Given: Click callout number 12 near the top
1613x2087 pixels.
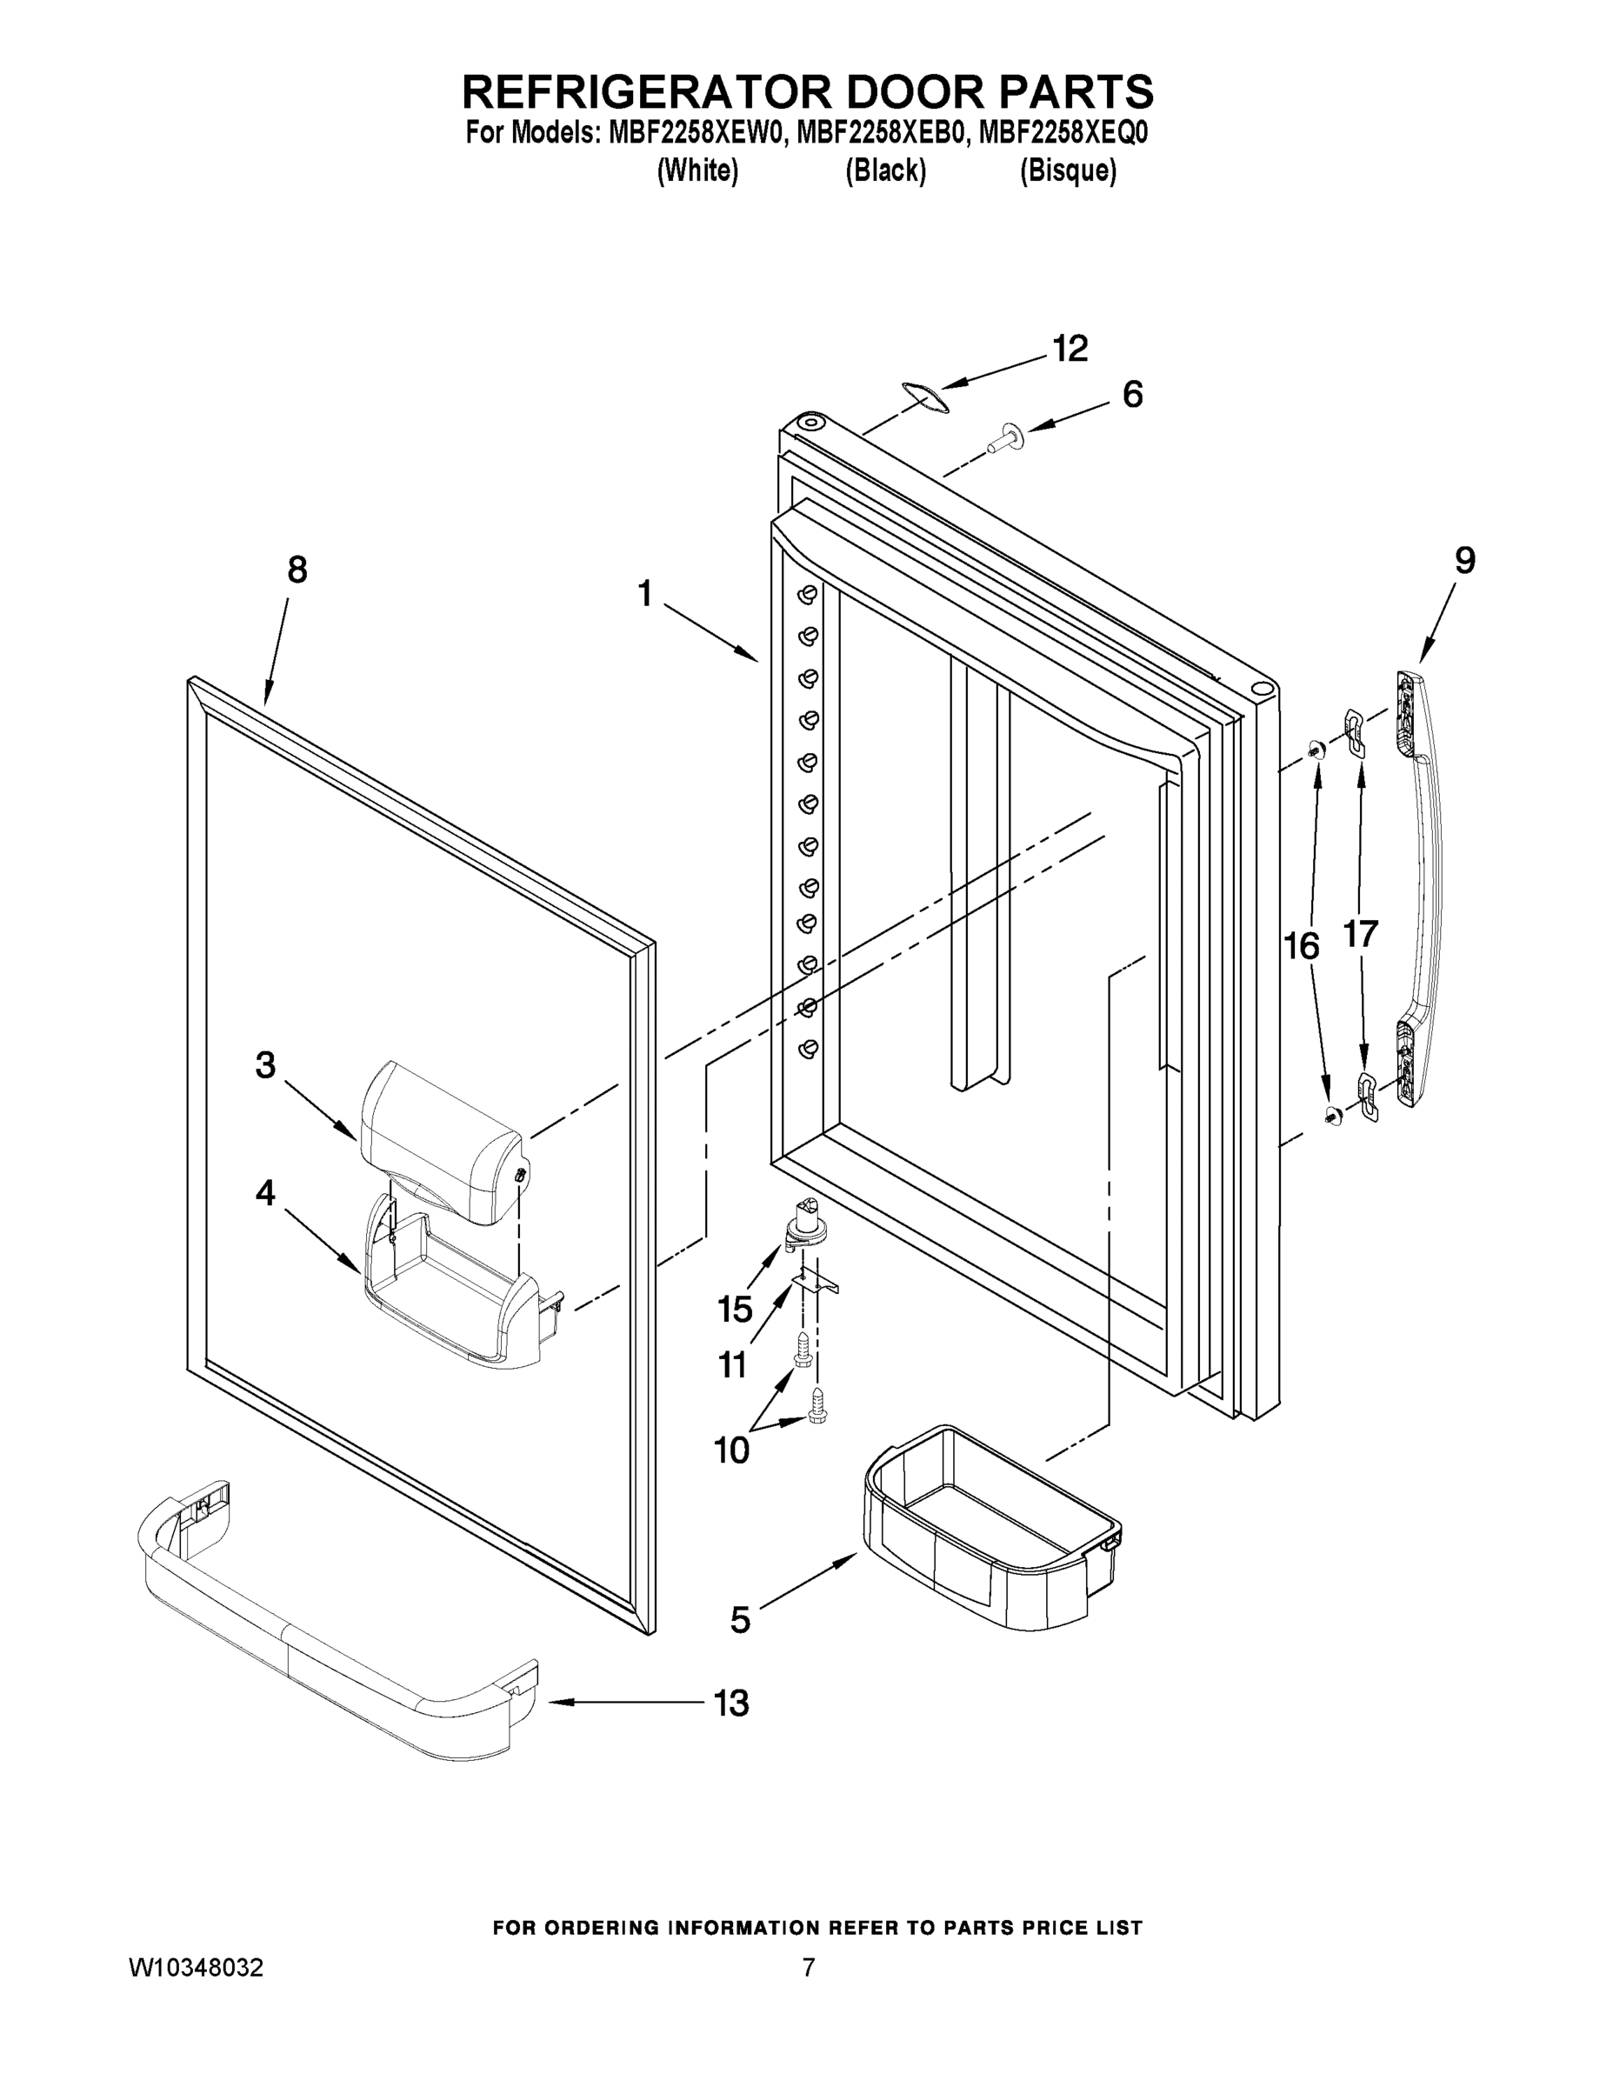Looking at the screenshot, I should pyautogui.click(x=1070, y=350).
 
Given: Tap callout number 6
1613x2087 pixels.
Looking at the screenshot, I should pyautogui.click(x=1132, y=395).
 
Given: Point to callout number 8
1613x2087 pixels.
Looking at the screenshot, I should pyautogui.click(x=297, y=570).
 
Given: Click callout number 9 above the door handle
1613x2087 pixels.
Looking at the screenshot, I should pyautogui.click(x=1465, y=560).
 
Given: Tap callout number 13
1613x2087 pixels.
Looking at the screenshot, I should pyautogui.click(x=732, y=1703).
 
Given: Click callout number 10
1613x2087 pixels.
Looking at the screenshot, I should pyautogui.click(x=732, y=1450).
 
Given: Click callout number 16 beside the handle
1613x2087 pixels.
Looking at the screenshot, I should pyautogui.click(x=1302, y=946).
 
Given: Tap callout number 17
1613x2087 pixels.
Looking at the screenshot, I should pyautogui.click(x=1361, y=934).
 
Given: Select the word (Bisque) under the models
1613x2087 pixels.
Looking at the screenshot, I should pyautogui.click(x=1068, y=171).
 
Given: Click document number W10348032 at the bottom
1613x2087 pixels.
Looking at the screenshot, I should pyautogui.click(x=196, y=1968).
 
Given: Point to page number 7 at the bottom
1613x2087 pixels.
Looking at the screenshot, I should pyautogui.click(x=809, y=1968).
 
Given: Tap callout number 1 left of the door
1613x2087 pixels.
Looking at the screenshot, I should pyautogui.click(x=646, y=595).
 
